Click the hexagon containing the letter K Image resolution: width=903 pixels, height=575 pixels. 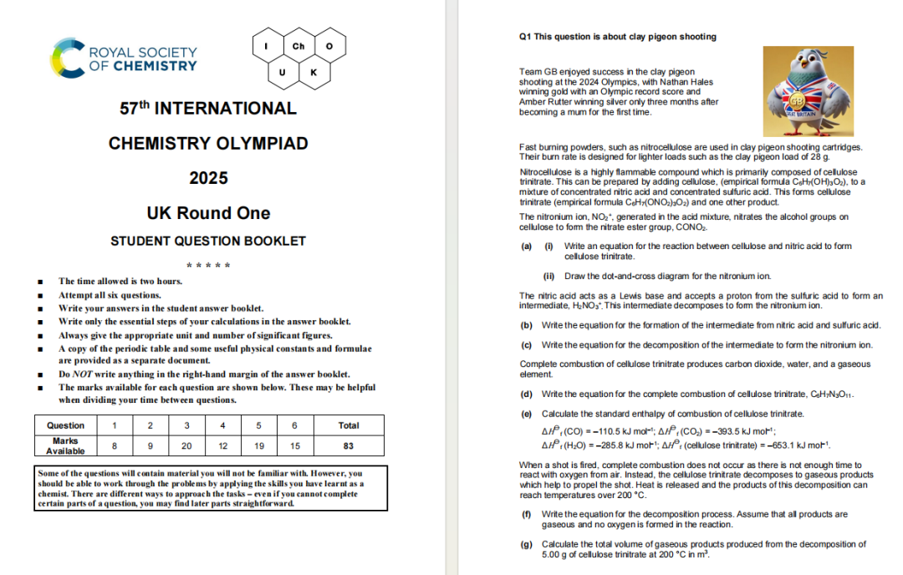(314, 72)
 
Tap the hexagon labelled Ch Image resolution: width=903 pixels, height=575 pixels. (298, 46)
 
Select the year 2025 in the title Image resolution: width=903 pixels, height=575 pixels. (208, 178)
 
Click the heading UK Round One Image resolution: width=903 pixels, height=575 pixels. (208, 213)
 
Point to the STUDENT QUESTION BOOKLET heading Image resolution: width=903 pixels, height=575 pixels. (208, 242)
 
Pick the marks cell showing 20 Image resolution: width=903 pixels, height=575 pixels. (186, 445)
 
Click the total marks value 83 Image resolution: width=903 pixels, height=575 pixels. (349, 445)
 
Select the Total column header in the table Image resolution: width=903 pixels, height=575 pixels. (349, 425)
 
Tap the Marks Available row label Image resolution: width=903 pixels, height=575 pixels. (65, 445)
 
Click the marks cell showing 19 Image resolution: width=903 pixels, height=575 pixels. (259, 445)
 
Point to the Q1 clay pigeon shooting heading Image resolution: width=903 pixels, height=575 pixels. (618, 37)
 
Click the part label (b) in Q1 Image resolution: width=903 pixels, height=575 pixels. (526, 324)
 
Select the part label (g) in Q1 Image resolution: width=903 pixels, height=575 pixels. (526, 544)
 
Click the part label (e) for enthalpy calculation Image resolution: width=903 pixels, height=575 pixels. (526, 415)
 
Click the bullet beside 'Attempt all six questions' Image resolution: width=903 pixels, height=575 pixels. (41, 296)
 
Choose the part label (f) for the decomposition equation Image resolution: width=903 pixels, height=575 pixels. (525, 514)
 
